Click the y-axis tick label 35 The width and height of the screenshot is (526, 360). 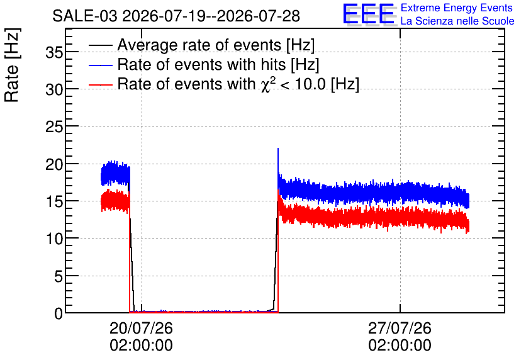pos(54,52)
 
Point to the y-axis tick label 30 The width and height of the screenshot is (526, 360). pos(54,90)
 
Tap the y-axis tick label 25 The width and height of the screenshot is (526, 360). pos(54,127)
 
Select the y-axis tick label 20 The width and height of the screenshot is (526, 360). pos(54,165)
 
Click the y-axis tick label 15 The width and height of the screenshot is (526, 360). pos(54,202)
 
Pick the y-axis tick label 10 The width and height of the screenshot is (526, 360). pos(54,239)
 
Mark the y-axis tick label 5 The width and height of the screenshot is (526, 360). pos(59,277)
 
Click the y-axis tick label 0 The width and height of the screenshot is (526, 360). pos(59,314)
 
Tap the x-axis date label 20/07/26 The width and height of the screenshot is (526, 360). pos(141,328)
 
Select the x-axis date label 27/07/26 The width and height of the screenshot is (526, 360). pos(400,328)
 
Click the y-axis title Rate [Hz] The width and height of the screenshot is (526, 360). pos(12,65)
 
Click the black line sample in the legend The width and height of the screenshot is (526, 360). pos(100,45)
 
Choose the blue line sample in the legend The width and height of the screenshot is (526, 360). pos(100,65)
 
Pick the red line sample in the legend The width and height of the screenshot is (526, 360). pos(100,84)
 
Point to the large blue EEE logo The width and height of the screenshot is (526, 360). pos(369,14)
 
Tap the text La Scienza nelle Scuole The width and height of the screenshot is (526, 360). pos(457,21)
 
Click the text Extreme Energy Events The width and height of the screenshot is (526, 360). pos(457,8)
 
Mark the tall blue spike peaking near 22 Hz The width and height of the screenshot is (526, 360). pos(278,164)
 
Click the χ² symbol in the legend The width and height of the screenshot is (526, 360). pos(266,84)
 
